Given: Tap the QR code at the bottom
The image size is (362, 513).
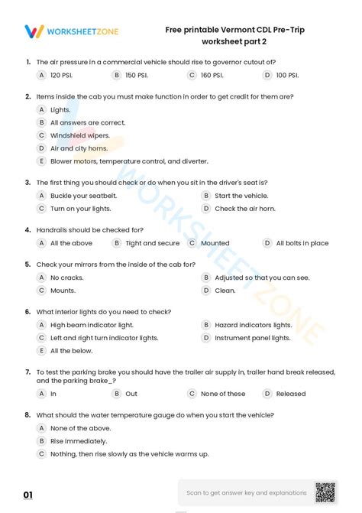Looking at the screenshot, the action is click(x=325, y=492).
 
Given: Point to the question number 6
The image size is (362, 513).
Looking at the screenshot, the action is click(x=27, y=312).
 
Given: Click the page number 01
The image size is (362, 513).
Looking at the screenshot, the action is click(x=28, y=495).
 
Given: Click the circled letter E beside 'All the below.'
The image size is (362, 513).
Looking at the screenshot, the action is click(x=42, y=350).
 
